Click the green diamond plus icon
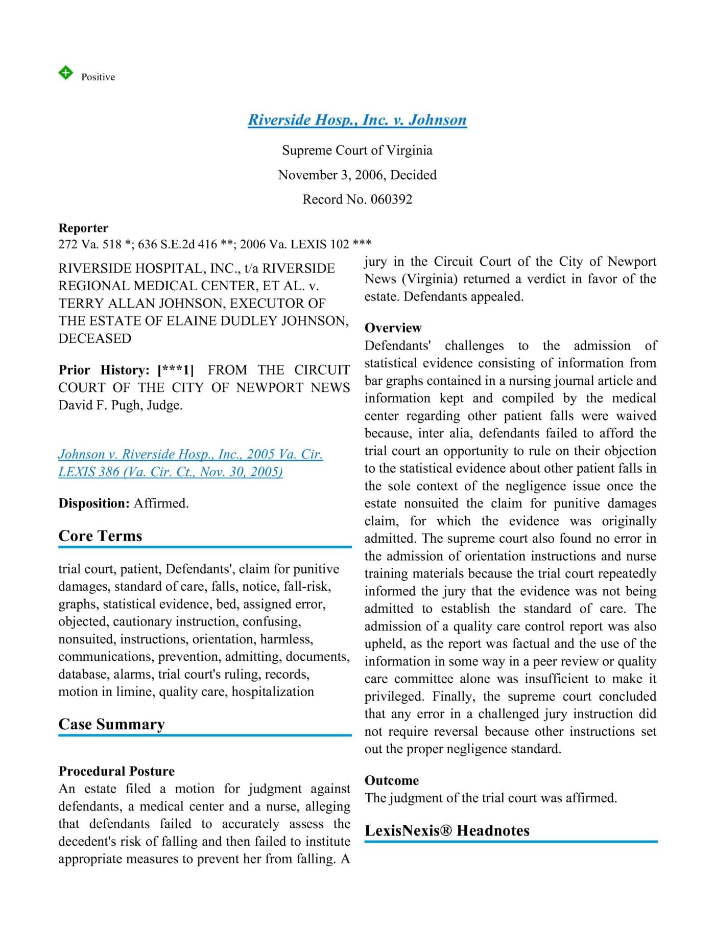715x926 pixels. tap(65, 73)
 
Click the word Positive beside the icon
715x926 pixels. tap(98, 77)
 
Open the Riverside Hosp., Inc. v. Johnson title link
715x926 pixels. tap(357, 120)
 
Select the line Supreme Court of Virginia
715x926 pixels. tap(357, 150)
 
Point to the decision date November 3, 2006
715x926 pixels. tap(331, 175)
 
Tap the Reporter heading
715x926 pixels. tap(83, 228)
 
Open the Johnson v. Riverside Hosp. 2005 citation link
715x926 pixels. tap(190, 462)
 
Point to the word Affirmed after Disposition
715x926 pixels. tap(161, 503)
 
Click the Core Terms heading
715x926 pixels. tap(100, 536)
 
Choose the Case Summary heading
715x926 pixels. tap(111, 724)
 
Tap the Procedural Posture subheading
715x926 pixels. tap(116, 771)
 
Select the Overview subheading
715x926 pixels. tap(393, 328)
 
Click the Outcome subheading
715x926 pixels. tap(391, 780)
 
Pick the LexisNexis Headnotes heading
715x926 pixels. tap(447, 830)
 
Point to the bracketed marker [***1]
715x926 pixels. tap(176, 370)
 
